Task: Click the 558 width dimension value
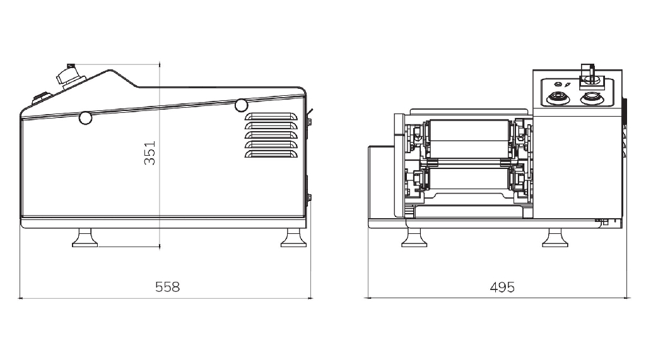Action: point(167,287)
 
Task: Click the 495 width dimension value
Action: point(502,287)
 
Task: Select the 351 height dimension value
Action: point(150,153)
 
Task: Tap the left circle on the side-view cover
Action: point(85,118)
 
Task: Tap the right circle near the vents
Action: point(241,105)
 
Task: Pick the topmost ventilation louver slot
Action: point(271,117)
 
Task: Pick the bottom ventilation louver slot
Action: point(271,154)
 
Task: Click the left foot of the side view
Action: point(85,238)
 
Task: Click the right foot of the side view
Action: point(293,238)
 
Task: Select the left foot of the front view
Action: point(414,238)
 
